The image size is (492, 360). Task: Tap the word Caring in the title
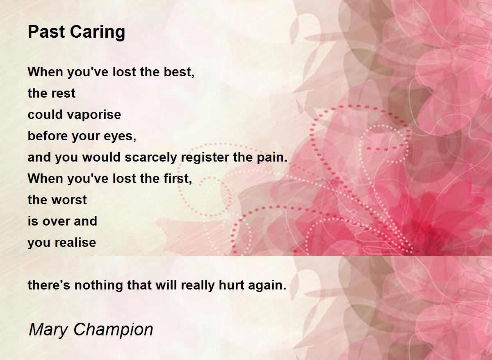click(x=98, y=33)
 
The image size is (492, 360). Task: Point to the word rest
click(x=64, y=93)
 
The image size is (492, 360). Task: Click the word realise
click(x=75, y=242)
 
